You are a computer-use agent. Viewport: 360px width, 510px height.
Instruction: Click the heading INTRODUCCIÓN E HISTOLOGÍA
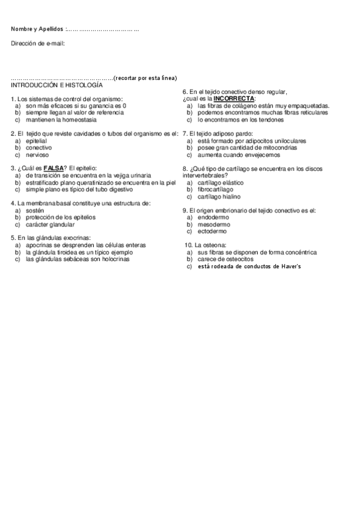click(x=52, y=85)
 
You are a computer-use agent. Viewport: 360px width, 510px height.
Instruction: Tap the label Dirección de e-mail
click(x=38, y=43)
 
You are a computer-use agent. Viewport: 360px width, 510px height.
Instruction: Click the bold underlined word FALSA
click(x=53, y=168)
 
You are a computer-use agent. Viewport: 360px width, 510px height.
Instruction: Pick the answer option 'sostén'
click(x=35, y=210)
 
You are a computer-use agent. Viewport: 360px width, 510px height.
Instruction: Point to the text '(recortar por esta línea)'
click(x=145, y=78)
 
